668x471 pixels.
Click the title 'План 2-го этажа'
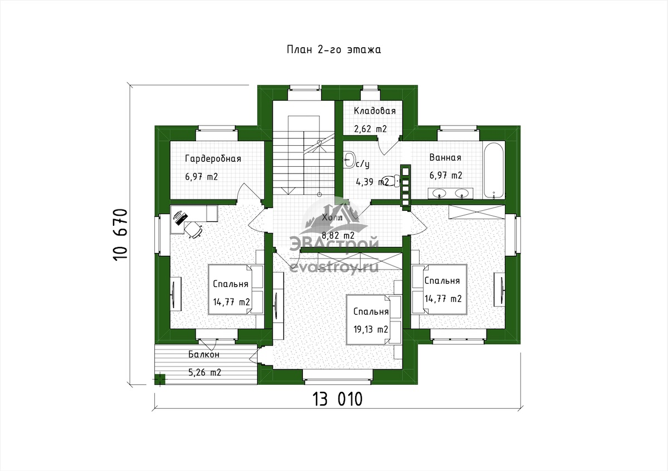click(333, 49)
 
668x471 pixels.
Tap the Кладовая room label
click(375, 111)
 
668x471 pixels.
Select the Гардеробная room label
click(213, 158)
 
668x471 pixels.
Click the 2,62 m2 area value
click(370, 129)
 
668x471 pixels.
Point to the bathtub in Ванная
click(494, 170)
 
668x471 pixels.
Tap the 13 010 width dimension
click(337, 399)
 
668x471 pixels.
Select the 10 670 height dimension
click(120, 235)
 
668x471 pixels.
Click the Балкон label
click(204, 354)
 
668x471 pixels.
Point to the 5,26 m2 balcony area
click(205, 373)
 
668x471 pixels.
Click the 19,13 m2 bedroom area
click(371, 329)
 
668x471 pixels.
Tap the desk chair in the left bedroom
click(194, 230)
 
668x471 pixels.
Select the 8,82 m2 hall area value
click(338, 235)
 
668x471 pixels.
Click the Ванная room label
click(445, 157)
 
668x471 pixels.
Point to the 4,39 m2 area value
click(372, 182)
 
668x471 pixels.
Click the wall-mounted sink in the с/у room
click(349, 160)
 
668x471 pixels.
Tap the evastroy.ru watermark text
click(334, 266)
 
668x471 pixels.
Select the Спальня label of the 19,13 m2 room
click(371, 311)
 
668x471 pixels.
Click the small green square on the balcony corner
click(160, 379)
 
